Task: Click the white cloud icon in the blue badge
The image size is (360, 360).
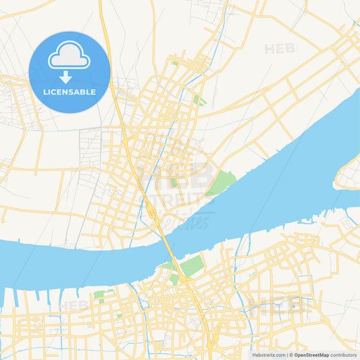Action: pos(69,56)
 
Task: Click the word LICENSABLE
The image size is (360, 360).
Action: pos(69,92)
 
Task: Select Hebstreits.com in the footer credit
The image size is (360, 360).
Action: pos(268,355)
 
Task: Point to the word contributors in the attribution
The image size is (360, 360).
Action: pos(343,355)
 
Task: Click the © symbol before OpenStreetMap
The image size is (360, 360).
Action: pos(291,355)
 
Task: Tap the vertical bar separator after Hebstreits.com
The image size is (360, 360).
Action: pos(286,355)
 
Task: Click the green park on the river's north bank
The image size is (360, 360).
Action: pos(221,182)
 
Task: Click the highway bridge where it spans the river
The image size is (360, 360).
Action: pos(168,247)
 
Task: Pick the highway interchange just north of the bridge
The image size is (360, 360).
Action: pos(153,215)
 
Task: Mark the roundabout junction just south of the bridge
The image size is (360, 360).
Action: pos(182,278)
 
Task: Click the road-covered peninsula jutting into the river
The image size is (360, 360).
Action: pos(348,174)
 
